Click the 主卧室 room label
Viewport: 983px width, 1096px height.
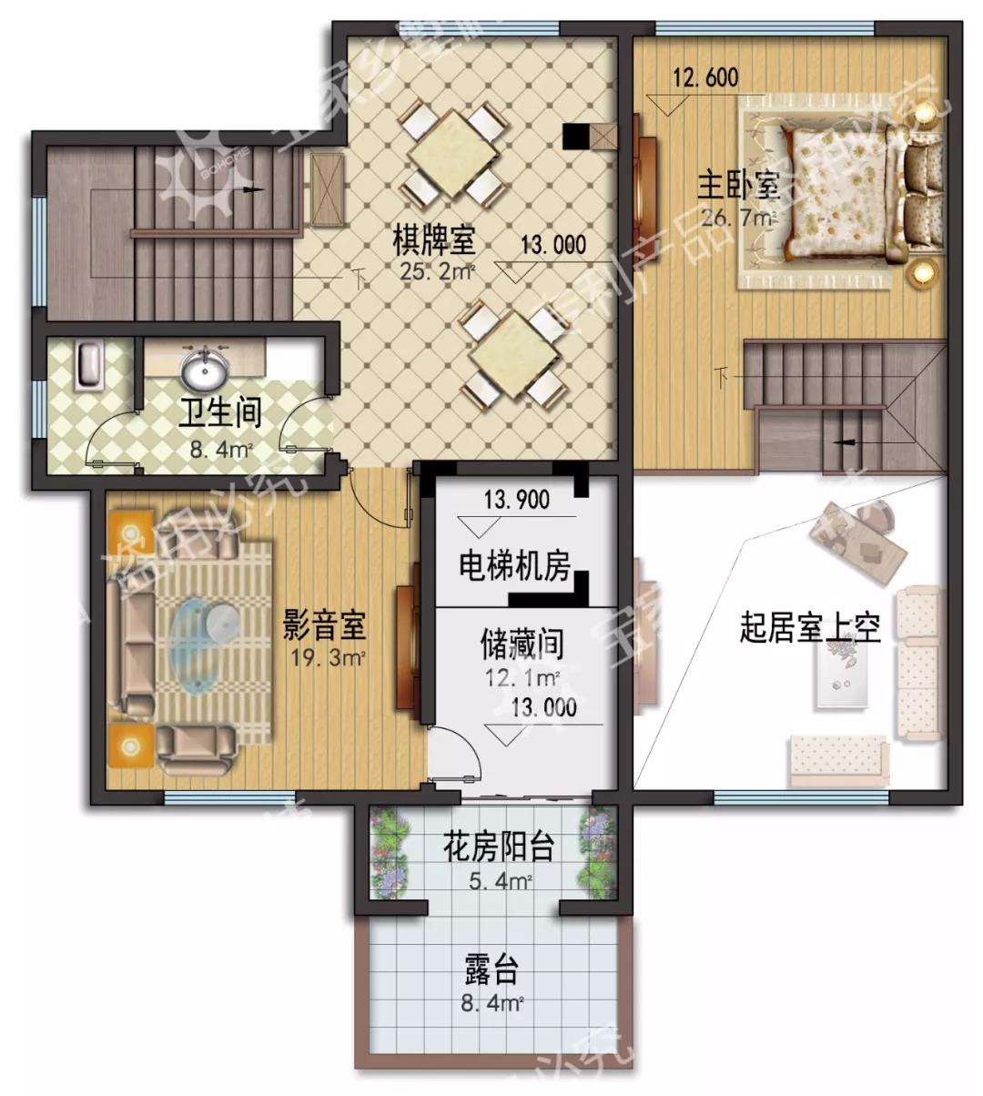(x=738, y=186)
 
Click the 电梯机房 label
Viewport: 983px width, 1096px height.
(x=514, y=567)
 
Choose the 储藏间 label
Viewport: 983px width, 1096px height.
(x=522, y=644)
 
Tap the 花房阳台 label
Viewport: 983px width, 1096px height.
(x=498, y=847)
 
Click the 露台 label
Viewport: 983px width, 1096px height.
(x=491, y=972)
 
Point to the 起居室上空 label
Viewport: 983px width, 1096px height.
(x=810, y=628)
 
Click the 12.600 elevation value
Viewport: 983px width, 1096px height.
(x=705, y=76)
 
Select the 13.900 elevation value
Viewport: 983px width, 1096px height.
(x=517, y=499)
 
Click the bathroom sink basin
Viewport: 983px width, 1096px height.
(x=205, y=370)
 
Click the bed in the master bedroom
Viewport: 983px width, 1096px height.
(x=837, y=191)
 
